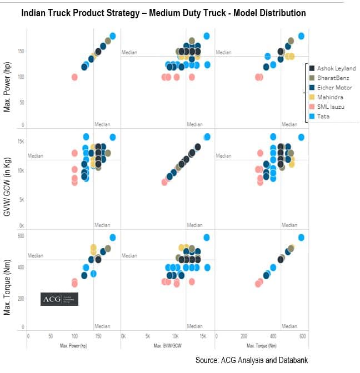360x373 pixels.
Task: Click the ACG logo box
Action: pyautogui.click(x=60, y=299)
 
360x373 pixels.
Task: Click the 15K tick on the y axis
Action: pyautogui.click(x=20, y=142)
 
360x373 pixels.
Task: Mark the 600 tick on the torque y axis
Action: pyautogui.click(x=21, y=236)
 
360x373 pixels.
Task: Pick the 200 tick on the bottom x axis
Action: pyautogui.click(x=244, y=336)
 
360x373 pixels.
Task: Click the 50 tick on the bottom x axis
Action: pyautogui.click(x=51, y=336)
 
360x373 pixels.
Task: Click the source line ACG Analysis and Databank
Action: pyautogui.click(x=251, y=360)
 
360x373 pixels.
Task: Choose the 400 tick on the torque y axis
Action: pyautogui.click(x=21, y=267)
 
